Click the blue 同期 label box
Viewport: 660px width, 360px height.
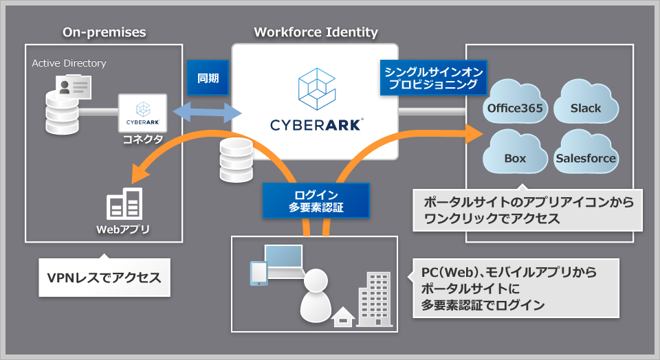coord(208,78)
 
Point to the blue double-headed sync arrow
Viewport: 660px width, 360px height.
coord(203,113)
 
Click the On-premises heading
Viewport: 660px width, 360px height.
coord(104,32)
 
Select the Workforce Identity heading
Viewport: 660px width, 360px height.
coord(316,32)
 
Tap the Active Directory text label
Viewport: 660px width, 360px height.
coord(69,63)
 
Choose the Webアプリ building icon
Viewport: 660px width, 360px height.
coord(124,204)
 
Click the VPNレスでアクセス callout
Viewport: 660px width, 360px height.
coord(104,278)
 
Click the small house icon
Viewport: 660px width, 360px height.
coord(343,317)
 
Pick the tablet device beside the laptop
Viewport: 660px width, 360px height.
coord(258,273)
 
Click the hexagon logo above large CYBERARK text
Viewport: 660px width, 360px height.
coord(316,89)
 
